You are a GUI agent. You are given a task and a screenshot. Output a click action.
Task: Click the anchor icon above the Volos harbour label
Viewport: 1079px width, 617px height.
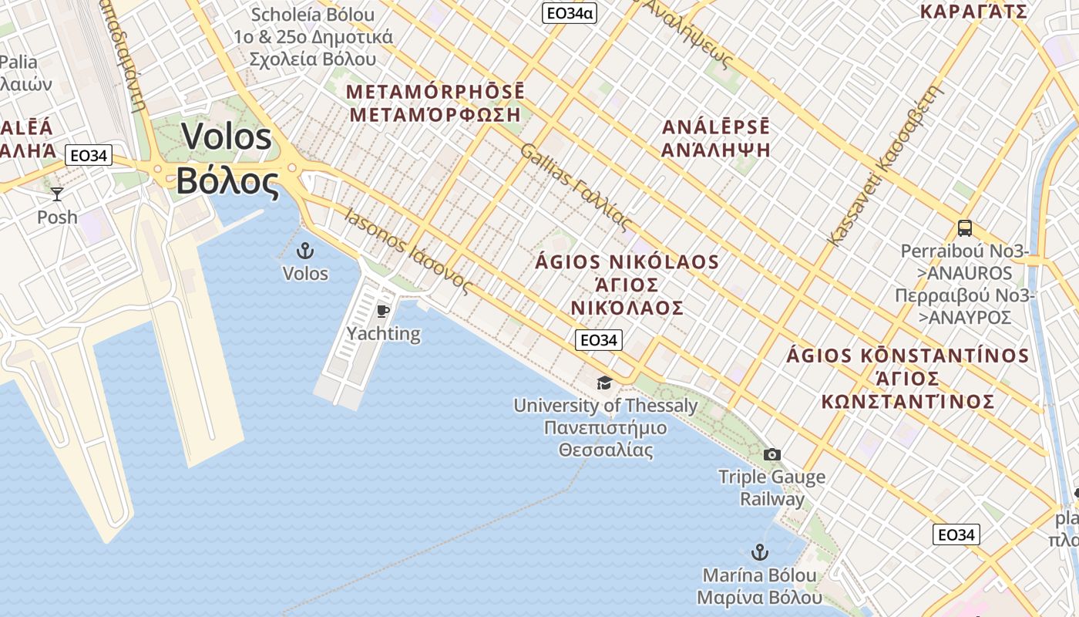pyautogui.click(x=306, y=251)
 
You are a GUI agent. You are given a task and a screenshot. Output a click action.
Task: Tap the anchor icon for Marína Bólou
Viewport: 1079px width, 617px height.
pyautogui.click(x=760, y=552)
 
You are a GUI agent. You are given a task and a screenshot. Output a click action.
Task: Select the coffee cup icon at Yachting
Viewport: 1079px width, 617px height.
pyautogui.click(x=383, y=311)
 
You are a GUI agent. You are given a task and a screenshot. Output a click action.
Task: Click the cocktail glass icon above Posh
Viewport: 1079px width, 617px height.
pyautogui.click(x=57, y=194)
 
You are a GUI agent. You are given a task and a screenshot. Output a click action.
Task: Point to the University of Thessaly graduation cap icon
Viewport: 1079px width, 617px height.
pyautogui.click(x=605, y=383)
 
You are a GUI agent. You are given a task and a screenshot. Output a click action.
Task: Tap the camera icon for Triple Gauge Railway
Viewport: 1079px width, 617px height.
pyautogui.click(x=771, y=454)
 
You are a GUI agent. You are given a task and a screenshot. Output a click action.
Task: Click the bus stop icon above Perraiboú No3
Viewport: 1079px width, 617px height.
pyautogui.click(x=964, y=228)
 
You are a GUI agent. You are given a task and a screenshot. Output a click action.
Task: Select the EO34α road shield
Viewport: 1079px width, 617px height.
pyautogui.click(x=570, y=12)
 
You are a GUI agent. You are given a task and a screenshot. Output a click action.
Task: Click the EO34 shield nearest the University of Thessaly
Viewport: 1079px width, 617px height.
pyautogui.click(x=598, y=340)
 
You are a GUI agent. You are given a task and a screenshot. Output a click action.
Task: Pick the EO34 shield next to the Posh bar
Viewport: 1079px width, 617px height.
pyautogui.click(x=88, y=156)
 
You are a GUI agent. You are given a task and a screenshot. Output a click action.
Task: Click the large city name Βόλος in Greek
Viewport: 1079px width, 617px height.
pyautogui.click(x=227, y=182)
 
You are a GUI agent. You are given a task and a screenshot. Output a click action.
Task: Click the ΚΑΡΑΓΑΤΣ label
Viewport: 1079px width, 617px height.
pyautogui.click(x=974, y=11)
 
